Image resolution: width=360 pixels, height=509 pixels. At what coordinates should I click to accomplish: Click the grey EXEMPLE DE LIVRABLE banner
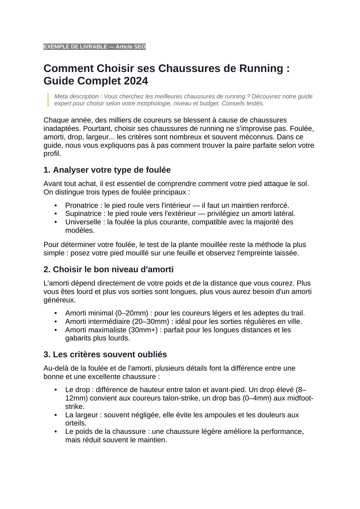(x=94, y=47)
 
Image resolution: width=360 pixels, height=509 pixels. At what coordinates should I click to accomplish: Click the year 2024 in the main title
(x=136, y=81)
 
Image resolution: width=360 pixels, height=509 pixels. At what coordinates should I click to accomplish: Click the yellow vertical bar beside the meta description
(x=48, y=100)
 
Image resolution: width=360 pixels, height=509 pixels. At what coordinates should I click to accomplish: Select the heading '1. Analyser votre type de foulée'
(x=107, y=170)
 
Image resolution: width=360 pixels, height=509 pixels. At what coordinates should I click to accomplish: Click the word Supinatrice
(x=83, y=214)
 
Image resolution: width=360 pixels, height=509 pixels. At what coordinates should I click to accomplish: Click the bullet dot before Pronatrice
(x=56, y=205)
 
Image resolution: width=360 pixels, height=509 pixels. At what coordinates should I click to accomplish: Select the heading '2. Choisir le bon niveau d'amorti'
(x=108, y=269)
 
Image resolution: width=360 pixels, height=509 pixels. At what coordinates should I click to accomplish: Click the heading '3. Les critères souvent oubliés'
(x=105, y=354)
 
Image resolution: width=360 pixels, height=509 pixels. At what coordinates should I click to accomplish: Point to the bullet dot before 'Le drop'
(x=56, y=389)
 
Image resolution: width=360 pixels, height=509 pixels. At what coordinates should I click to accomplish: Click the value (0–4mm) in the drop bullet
(x=257, y=398)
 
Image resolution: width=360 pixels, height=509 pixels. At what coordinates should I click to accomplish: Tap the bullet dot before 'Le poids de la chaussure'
(x=56, y=432)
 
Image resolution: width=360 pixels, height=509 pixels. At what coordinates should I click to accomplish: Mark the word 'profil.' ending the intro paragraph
(x=53, y=154)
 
